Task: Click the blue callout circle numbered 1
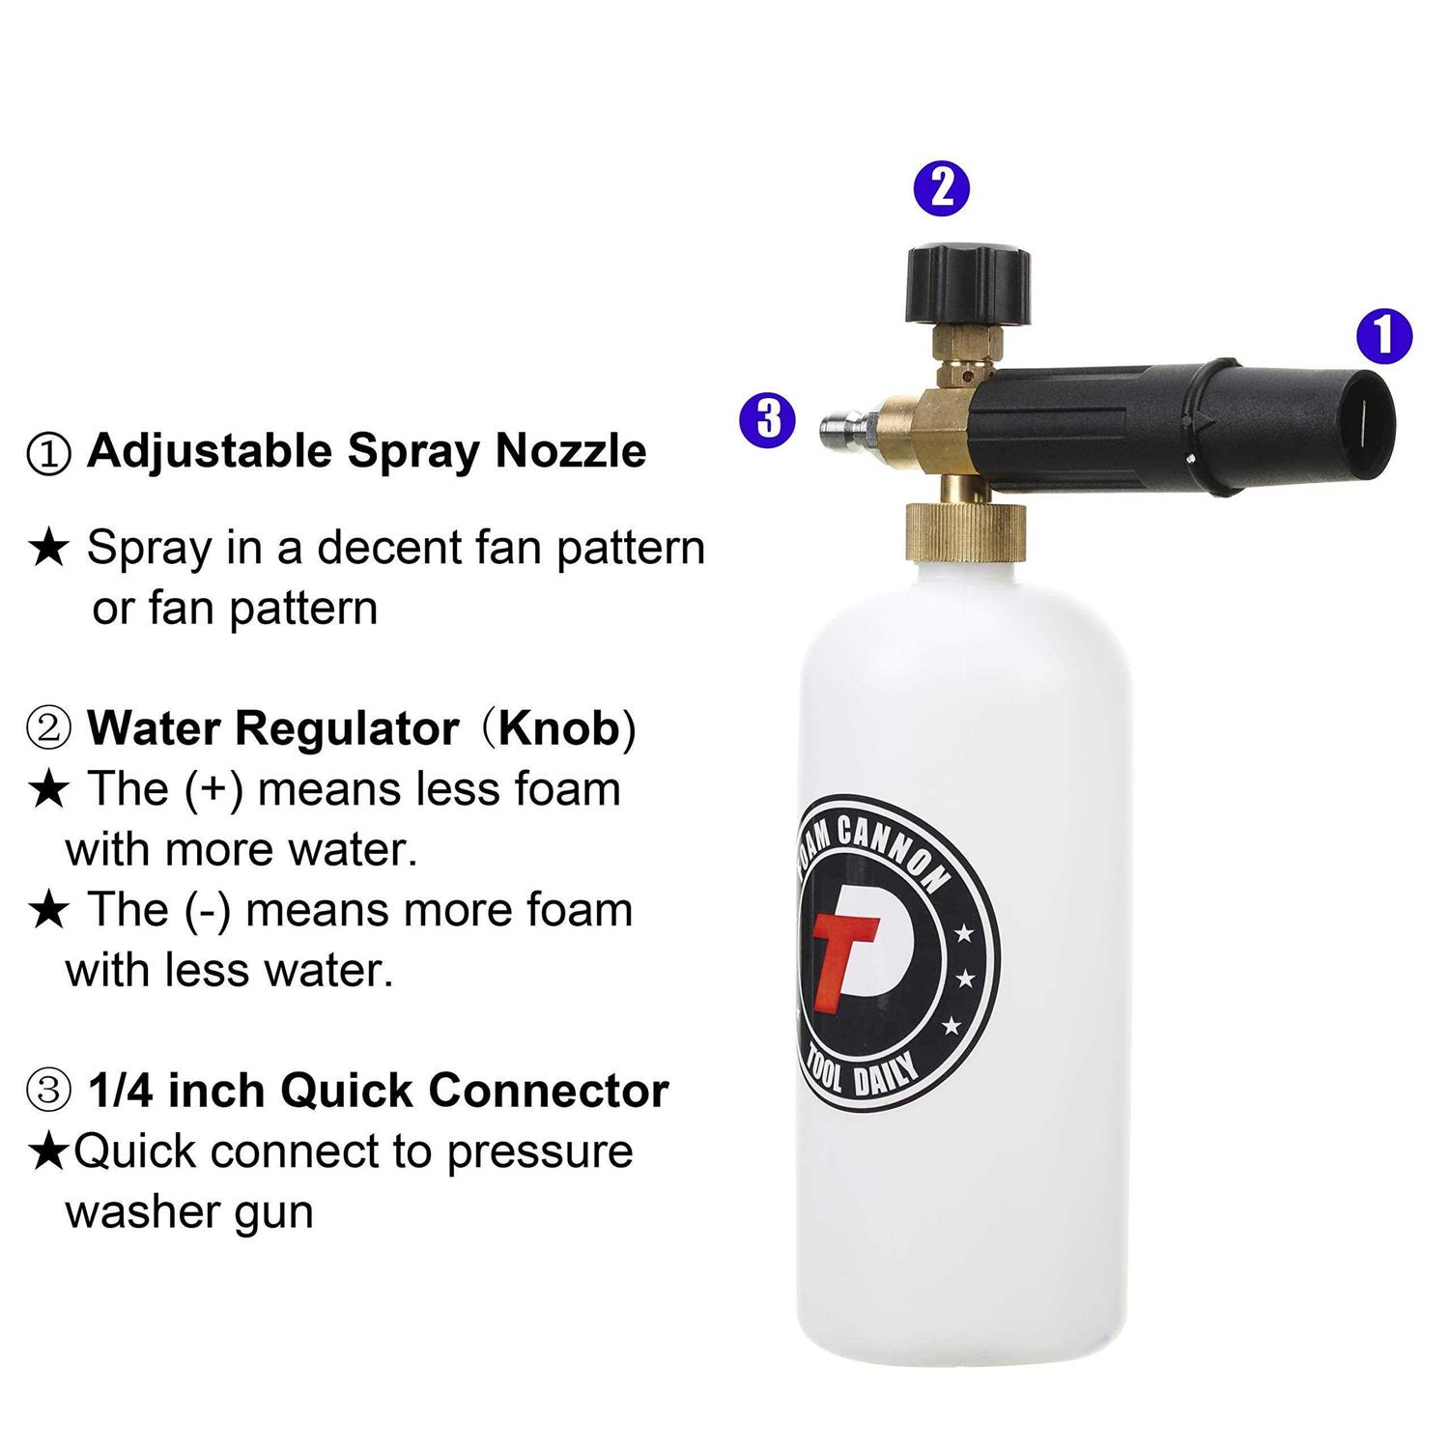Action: (x=1383, y=336)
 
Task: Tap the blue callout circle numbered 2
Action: (x=942, y=187)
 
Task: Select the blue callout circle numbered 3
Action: (x=768, y=419)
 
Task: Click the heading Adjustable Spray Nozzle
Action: (x=366, y=451)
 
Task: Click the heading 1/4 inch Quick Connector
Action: (x=378, y=1091)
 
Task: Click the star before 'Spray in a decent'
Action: (x=49, y=549)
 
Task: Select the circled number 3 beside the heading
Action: (x=49, y=1092)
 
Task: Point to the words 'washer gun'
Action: (x=189, y=1212)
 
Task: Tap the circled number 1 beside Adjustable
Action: (x=49, y=452)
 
